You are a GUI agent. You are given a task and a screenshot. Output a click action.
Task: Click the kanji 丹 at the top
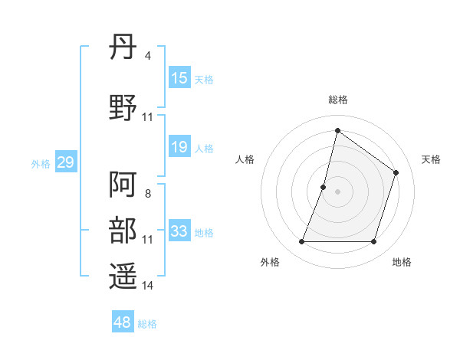pyautogui.click(x=123, y=49)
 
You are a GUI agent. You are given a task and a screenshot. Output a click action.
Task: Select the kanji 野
pyautogui.click(x=123, y=107)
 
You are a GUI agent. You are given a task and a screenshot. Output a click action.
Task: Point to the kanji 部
pyautogui.click(x=123, y=231)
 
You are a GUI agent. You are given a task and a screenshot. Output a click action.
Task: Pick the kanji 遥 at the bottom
pyautogui.click(x=123, y=277)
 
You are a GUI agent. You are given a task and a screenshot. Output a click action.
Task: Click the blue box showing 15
pyautogui.click(x=179, y=78)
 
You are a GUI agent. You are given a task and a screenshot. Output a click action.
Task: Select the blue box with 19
pyautogui.click(x=179, y=147)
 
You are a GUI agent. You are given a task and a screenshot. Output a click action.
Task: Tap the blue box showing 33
pyautogui.click(x=179, y=231)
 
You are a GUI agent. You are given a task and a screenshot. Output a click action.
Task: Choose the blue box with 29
pyautogui.click(x=65, y=162)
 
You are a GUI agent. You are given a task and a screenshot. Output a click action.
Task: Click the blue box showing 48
pyautogui.click(x=123, y=322)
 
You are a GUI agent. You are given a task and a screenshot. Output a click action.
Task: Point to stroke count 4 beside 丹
pyautogui.click(x=147, y=56)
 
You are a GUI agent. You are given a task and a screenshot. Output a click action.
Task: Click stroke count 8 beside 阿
pyautogui.click(x=147, y=194)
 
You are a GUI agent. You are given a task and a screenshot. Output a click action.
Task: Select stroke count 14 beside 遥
pyautogui.click(x=147, y=286)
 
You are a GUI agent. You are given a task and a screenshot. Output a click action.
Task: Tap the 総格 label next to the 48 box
pyautogui.click(x=147, y=324)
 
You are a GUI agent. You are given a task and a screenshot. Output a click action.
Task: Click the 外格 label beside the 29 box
pyautogui.click(x=40, y=163)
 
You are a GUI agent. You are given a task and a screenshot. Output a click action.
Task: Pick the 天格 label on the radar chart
pyautogui.click(x=431, y=159)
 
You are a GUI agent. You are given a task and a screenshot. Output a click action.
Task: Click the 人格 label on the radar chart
pyautogui.click(x=245, y=159)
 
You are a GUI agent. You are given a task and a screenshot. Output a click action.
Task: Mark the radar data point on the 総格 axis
pyautogui.click(x=337, y=130)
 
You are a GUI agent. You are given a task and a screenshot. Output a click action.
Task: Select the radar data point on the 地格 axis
pyautogui.click(x=374, y=242)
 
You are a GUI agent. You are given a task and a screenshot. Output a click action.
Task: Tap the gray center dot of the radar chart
pyautogui.click(x=337, y=191)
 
